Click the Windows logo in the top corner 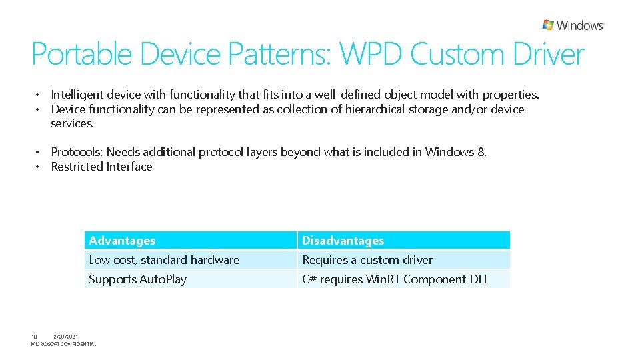coord(573,25)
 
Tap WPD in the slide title coord(372,55)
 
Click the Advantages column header coord(122,241)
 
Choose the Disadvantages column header coord(343,241)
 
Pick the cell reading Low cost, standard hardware coord(164,260)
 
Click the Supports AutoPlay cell coord(137,279)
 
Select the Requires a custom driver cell coord(367,260)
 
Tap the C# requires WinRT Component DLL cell coord(395,279)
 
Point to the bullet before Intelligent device coord(39,95)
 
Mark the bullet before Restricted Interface coord(39,167)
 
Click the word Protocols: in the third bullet coord(77,152)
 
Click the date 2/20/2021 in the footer coord(65,337)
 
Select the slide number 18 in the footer coord(35,337)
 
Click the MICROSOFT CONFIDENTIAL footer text coord(63,344)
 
